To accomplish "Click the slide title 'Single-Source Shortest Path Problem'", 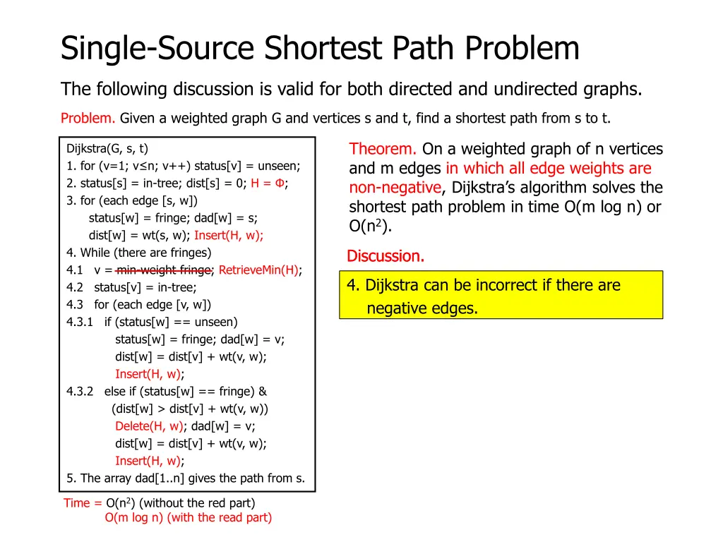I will coord(320,49).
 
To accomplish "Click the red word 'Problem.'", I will coord(88,118).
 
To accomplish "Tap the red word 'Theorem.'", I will coord(383,149).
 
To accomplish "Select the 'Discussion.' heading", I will coord(386,256).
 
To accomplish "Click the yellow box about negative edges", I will coord(501,296).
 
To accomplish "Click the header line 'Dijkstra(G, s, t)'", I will coord(107,148).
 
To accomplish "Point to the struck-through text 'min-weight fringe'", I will coord(164,270).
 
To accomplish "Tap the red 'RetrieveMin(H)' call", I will coord(258,270).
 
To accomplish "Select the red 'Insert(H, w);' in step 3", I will coord(229,235).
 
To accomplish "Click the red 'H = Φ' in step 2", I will coord(268,183).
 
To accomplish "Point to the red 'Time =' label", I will coord(83,502).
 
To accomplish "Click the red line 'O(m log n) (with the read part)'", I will coord(188,517).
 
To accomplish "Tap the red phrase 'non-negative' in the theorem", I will coord(395,188).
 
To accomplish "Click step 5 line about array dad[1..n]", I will coord(186,478).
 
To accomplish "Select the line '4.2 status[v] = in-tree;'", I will coord(131,287).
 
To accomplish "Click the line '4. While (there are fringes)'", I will coord(138,252).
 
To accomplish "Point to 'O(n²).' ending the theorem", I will coord(370,227).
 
